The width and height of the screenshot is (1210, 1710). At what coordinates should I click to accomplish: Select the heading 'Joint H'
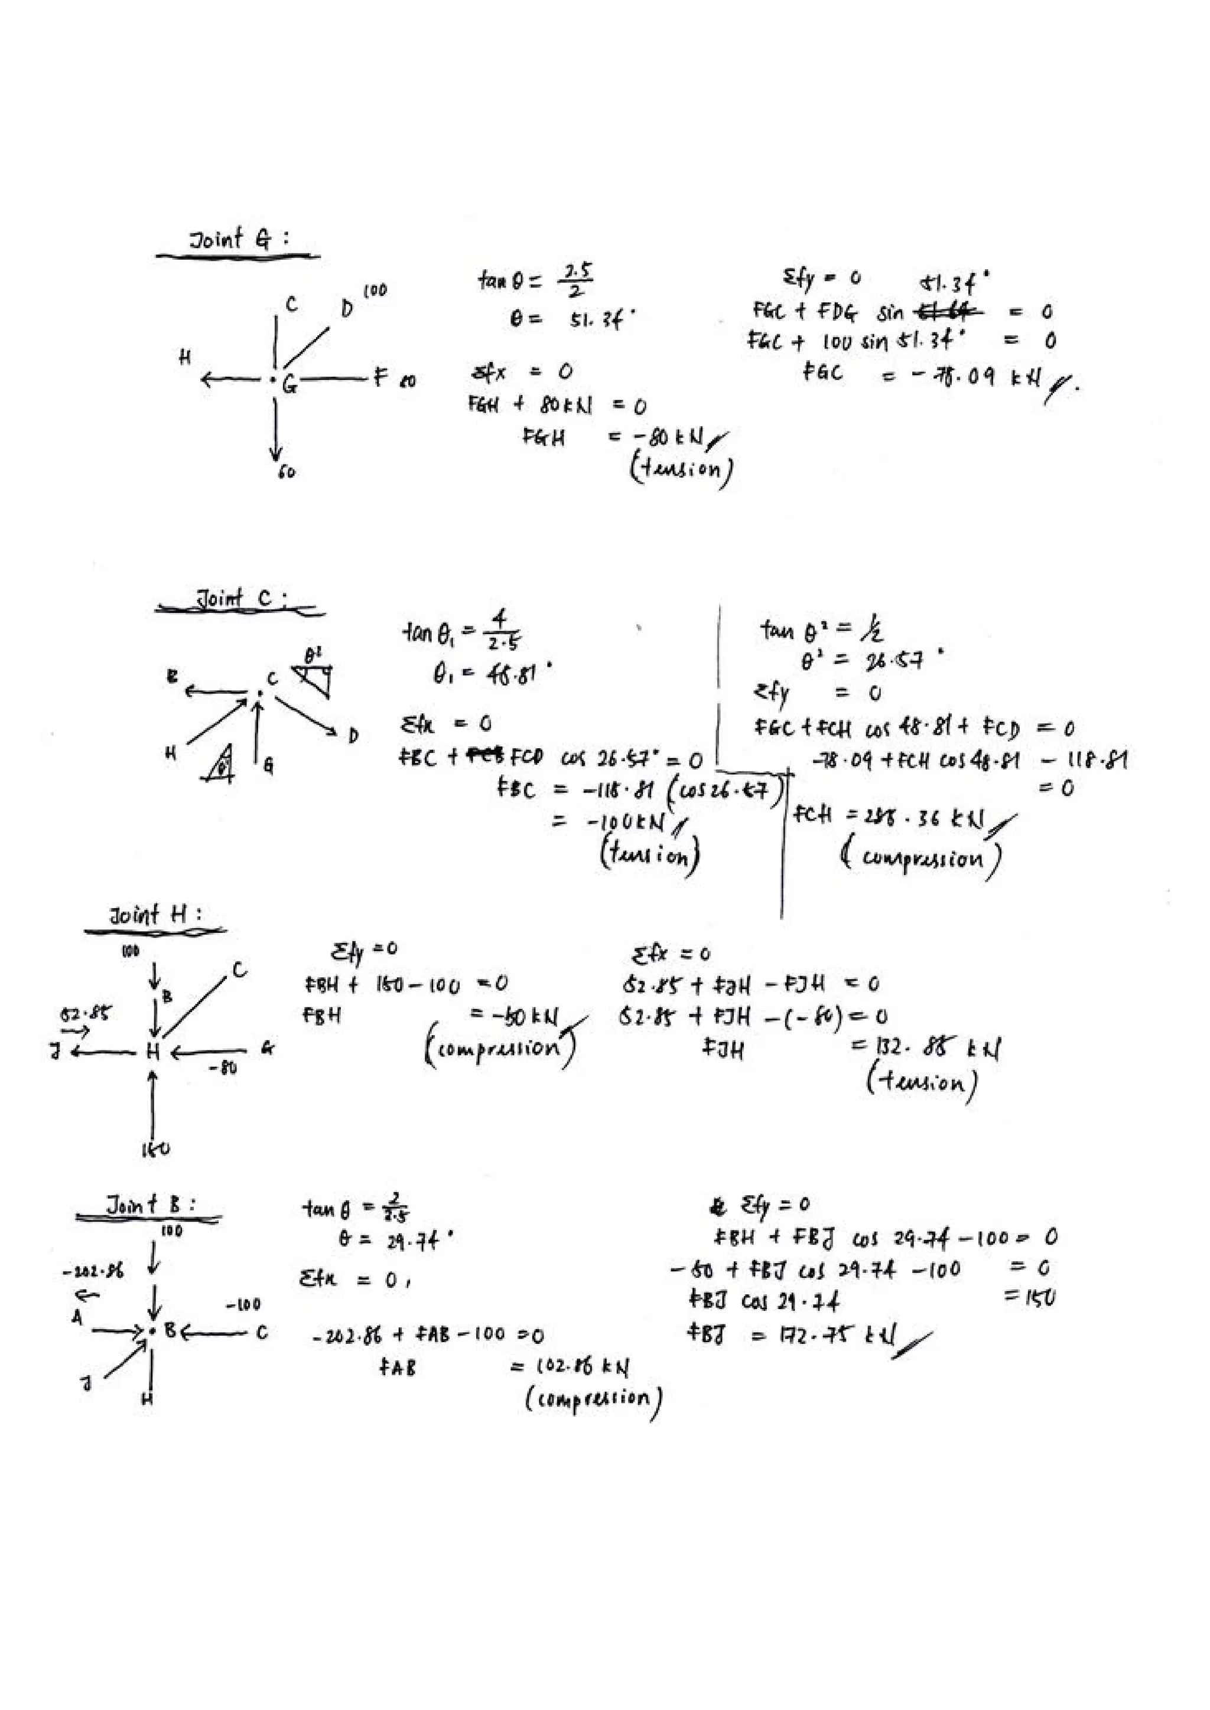click(155, 915)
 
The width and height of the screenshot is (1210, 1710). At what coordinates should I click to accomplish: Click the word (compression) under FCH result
click(922, 858)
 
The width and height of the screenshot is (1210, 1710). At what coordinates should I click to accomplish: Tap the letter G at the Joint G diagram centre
click(288, 384)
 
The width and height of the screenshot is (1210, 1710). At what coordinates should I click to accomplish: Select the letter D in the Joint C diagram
click(352, 736)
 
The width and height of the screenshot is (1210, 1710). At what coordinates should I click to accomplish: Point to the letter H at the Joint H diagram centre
click(154, 1052)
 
